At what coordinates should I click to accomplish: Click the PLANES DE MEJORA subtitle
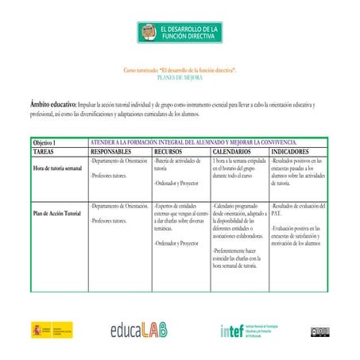click(180, 79)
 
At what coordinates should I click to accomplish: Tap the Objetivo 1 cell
click(49, 141)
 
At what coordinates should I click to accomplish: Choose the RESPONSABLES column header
click(117, 150)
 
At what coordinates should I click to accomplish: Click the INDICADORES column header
click(295, 150)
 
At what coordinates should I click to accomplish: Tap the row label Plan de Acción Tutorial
click(56, 214)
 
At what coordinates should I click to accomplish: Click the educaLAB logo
click(149, 331)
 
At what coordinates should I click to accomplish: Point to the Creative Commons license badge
click(319, 330)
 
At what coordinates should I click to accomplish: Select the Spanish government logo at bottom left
click(52, 330)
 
